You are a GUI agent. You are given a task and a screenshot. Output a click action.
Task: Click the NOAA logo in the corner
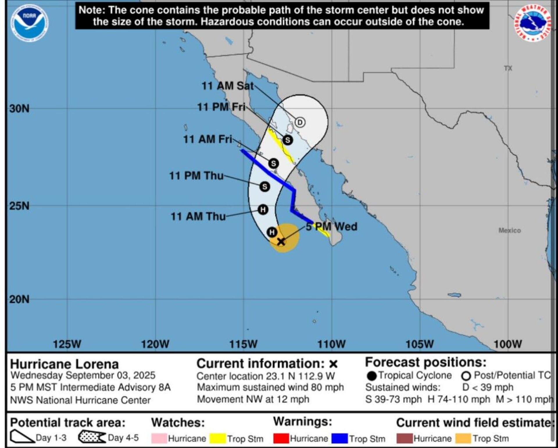click(30, 23)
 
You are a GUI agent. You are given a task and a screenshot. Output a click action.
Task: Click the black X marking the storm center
click(281, 241)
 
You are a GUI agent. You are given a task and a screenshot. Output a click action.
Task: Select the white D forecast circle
click(300, 122)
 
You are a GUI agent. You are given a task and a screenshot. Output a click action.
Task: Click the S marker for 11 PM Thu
click(264, 186)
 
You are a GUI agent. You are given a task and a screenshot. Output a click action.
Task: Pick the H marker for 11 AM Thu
click(263, 209)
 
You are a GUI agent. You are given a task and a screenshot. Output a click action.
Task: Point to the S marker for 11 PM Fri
click(287, 140)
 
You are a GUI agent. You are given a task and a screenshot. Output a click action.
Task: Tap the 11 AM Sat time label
click(228, 86)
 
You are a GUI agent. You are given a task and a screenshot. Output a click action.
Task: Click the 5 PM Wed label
click(331, 226)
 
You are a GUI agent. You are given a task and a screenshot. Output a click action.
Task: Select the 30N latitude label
click(19, 109)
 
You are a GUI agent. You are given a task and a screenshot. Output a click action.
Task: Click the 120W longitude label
click(155, 344)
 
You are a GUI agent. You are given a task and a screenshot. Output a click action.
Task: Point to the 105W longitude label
click(419, 344)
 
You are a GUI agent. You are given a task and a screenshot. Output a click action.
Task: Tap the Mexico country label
click(509, 230)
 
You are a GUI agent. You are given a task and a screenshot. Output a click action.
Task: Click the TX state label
click(508, 68)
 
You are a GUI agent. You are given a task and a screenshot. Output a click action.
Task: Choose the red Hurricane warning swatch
click(281, 438)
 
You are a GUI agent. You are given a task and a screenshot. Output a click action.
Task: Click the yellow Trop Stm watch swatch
click(218, 438)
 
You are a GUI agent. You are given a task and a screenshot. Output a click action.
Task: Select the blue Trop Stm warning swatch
click(340, 438)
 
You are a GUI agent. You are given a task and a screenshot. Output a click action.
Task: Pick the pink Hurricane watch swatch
click(159, 438)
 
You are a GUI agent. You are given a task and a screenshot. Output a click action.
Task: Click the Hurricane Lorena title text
click(65, 364)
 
